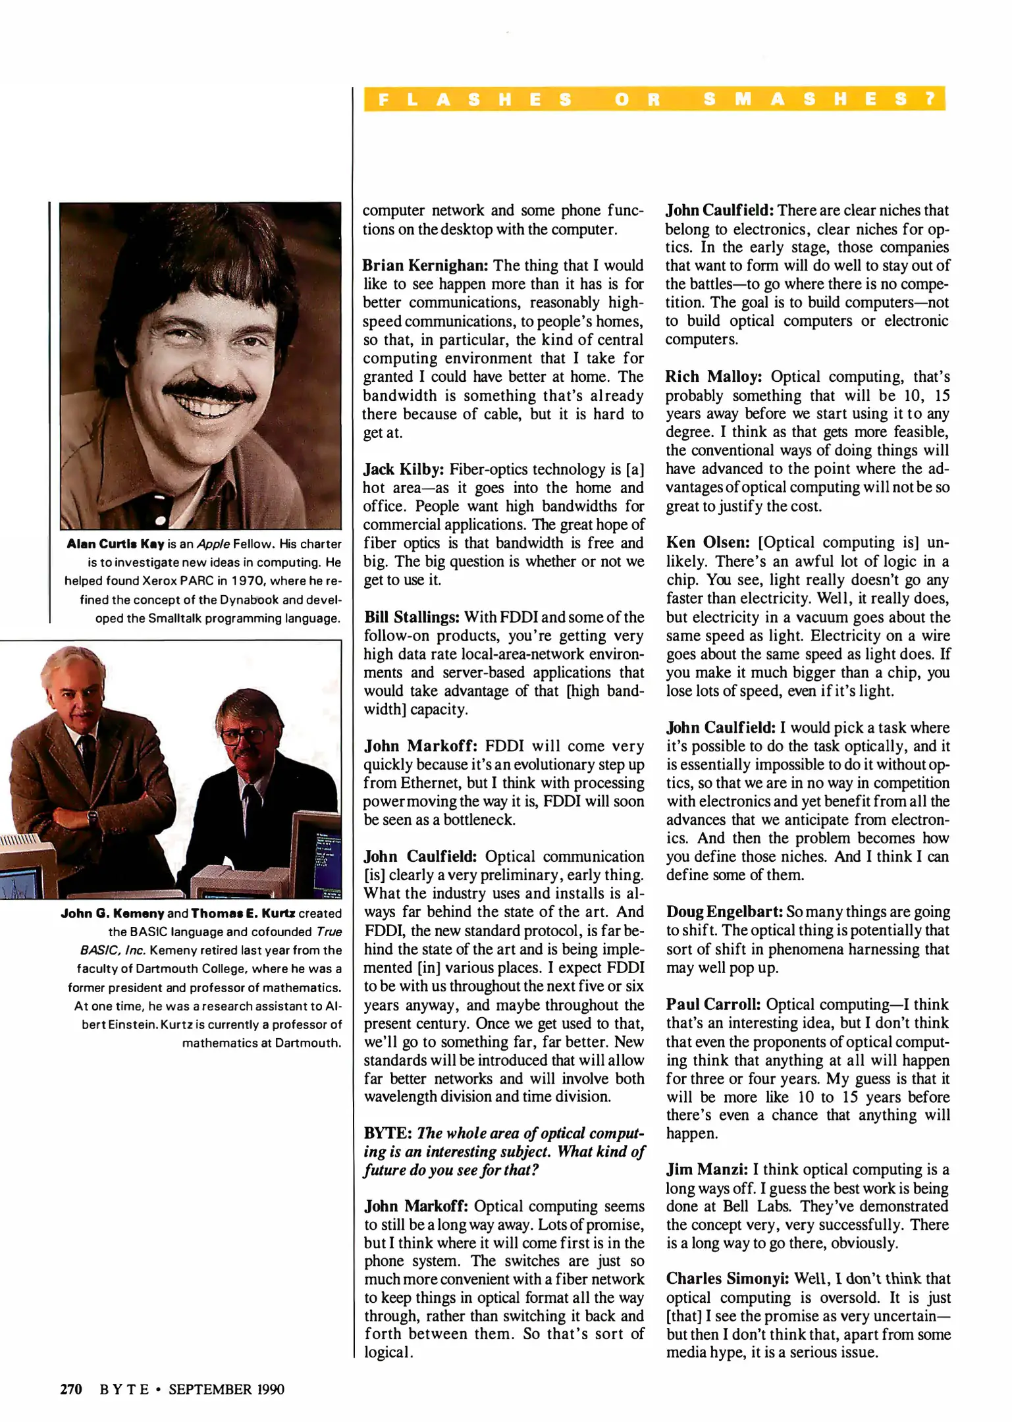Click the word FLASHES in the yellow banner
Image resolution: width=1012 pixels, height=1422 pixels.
tap(475, 99)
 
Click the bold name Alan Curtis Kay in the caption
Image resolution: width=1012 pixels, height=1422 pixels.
tap(115, 544)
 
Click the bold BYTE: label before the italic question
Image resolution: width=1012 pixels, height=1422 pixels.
tap(388, 1133)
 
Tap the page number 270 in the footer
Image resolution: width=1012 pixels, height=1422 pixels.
tap(71, 1389)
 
